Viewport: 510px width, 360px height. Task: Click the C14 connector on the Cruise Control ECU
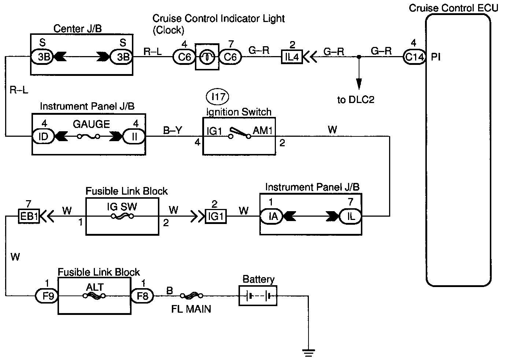pos(414,57)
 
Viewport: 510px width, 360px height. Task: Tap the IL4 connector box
pos(292,57)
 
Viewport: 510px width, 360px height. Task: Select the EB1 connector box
pos(29,216)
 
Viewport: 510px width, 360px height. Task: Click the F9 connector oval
pos(47,295)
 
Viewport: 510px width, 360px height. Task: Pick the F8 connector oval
pos(142,295)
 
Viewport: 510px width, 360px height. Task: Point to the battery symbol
pos(258,295)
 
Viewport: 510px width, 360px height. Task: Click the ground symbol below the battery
pos(308,353)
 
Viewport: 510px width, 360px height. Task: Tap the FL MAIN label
pos(191,309)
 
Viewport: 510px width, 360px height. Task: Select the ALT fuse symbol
pos(94,296)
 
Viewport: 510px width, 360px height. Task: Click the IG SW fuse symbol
pos(122,216)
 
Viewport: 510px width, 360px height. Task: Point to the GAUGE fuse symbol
pos(88,136)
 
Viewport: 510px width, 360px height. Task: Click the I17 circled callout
pos(218,97)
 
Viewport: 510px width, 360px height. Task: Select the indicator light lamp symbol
pos(207,57)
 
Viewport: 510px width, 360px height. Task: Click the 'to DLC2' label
pos(356,100)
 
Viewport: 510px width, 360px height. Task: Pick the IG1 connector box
pos(216,216)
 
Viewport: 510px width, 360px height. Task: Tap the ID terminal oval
pos(44,136)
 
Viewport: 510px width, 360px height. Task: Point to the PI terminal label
pos(436,57)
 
